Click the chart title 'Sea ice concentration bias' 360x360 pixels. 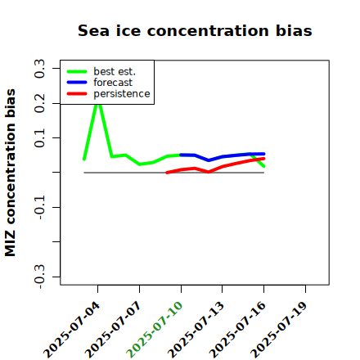coord(195,30)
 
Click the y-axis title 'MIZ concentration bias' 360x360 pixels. coord(11,173)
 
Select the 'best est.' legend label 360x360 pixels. coord(115,71)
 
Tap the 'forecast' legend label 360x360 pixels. coord(113,83)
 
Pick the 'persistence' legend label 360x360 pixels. coord(122,94)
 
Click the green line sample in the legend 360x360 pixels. coord(77,72)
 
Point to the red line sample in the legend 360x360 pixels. coord(77,94)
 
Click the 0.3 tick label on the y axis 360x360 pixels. coord(40,69)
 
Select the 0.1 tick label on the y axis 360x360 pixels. coord(40,138)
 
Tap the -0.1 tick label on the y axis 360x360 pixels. coord(40,207)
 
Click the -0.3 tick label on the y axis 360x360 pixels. coord(40,277)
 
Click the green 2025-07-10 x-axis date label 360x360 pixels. coord(155,330)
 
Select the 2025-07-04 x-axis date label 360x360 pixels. coord(71,330)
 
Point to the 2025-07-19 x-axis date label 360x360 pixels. coord(279,330)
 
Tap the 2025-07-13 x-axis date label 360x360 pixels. coord(196,330)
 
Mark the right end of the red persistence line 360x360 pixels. coord(263,159)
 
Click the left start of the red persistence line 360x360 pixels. coord(167,173)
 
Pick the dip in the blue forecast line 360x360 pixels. coord(209,160)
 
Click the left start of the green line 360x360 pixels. coord(84,160)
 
